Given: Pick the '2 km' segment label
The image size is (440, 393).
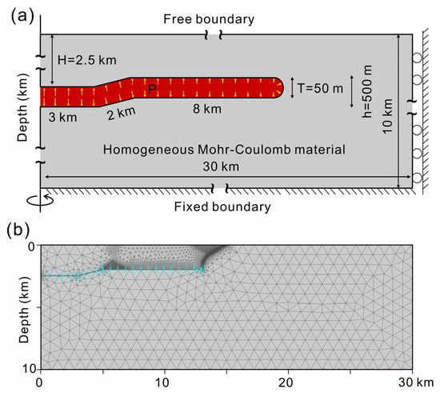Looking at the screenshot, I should click(122, 114).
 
